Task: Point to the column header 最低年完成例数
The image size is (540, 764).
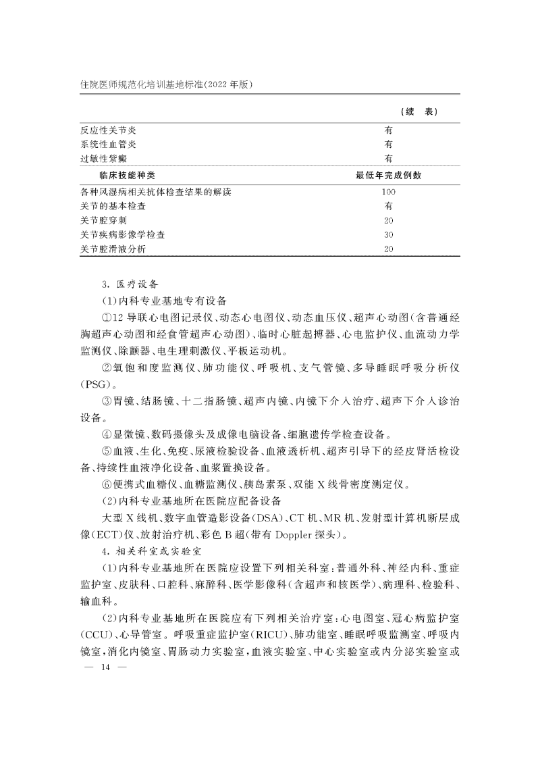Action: coord(388,176)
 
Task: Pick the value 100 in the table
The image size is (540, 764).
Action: coord(388,192)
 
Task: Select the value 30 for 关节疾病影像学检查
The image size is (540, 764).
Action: coord(388,235)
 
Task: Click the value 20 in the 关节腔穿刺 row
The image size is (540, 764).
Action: coord(388,221)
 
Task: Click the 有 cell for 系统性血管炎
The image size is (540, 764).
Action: coord(389,144)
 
